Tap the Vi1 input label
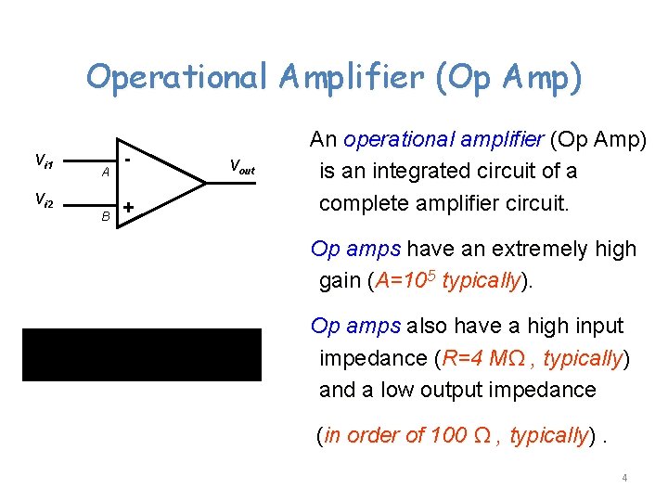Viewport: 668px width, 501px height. pos(44,161)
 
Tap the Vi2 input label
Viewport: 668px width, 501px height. pos(44,200)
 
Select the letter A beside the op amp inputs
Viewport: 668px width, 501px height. pos(106,172)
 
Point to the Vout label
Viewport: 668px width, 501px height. pos(240,168)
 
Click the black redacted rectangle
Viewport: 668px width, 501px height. pos(142,353)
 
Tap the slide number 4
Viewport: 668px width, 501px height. pos(624,478)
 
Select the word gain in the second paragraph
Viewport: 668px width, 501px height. pos(340,280)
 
